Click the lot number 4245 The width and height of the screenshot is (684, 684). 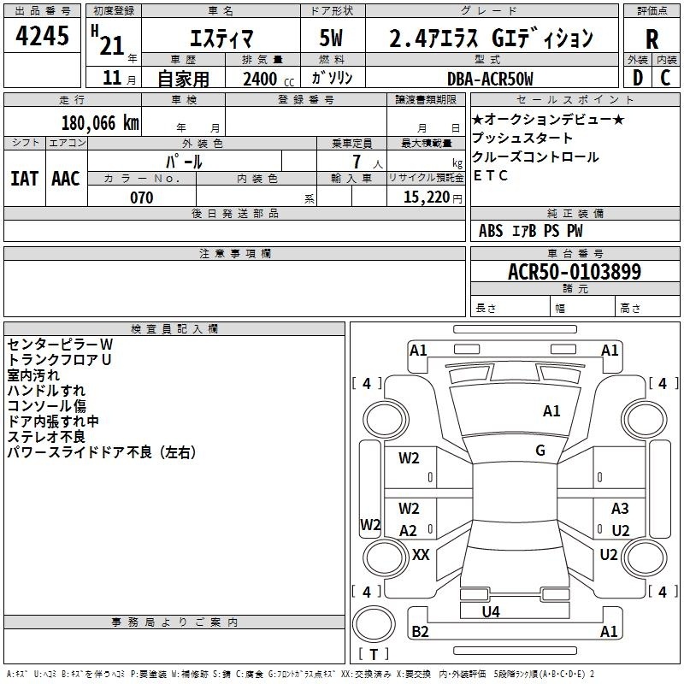point(42,36)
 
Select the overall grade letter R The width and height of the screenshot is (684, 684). point(652,39)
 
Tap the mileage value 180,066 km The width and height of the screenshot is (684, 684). point(100,123)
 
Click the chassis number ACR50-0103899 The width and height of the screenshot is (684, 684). point(575,271)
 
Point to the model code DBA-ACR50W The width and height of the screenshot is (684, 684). point(490,79)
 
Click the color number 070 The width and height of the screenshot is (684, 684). point(141,198)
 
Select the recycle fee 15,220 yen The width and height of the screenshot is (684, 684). point(433,198)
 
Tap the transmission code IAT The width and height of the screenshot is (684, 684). point(25,179)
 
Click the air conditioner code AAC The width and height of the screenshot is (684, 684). point(66,179)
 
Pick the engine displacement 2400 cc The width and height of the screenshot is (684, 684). point(268,79)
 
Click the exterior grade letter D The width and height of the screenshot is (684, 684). point(638,78)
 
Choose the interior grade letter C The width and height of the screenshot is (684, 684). point(665,78)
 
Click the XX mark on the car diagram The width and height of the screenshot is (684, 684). point(421,554)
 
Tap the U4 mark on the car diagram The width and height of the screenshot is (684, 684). point(491,611)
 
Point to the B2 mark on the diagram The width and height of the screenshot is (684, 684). point(420,631)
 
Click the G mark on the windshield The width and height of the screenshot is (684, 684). point(540,451)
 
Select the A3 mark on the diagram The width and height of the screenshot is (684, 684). point(620,508)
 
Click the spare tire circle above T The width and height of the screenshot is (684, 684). point(374,624)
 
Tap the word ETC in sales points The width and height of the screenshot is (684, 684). point(490,175)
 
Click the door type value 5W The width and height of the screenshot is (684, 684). point(331,38)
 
